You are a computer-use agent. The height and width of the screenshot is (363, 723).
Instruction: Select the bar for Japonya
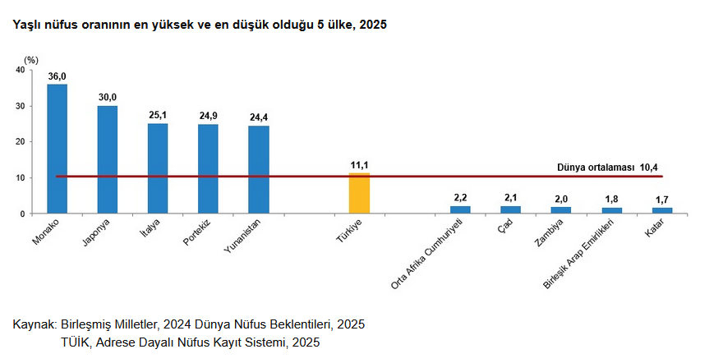pos(108,159)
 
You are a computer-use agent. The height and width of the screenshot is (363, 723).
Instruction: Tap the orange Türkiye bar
pos(359,193)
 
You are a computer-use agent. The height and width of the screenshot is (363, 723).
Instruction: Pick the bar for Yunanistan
pos(259,169)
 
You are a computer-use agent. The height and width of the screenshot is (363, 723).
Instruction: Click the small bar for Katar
pos(662,210)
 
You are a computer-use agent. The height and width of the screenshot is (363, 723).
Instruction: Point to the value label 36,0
pos(57,76)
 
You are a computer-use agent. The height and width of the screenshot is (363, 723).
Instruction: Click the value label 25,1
pos(158,116)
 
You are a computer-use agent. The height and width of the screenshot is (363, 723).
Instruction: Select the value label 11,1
pos(359,165)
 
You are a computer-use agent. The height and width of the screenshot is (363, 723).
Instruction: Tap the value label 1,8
pos(612,199)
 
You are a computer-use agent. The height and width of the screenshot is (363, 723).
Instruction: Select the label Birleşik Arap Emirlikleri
pos(584,253)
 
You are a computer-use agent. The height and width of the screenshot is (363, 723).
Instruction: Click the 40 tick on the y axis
pos(20,70)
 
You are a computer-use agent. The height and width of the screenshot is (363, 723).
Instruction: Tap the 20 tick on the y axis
pos(20,141)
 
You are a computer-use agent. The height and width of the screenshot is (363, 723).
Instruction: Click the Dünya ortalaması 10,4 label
pos(607,167)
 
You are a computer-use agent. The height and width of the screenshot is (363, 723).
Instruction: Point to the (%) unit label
pos(30,60)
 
